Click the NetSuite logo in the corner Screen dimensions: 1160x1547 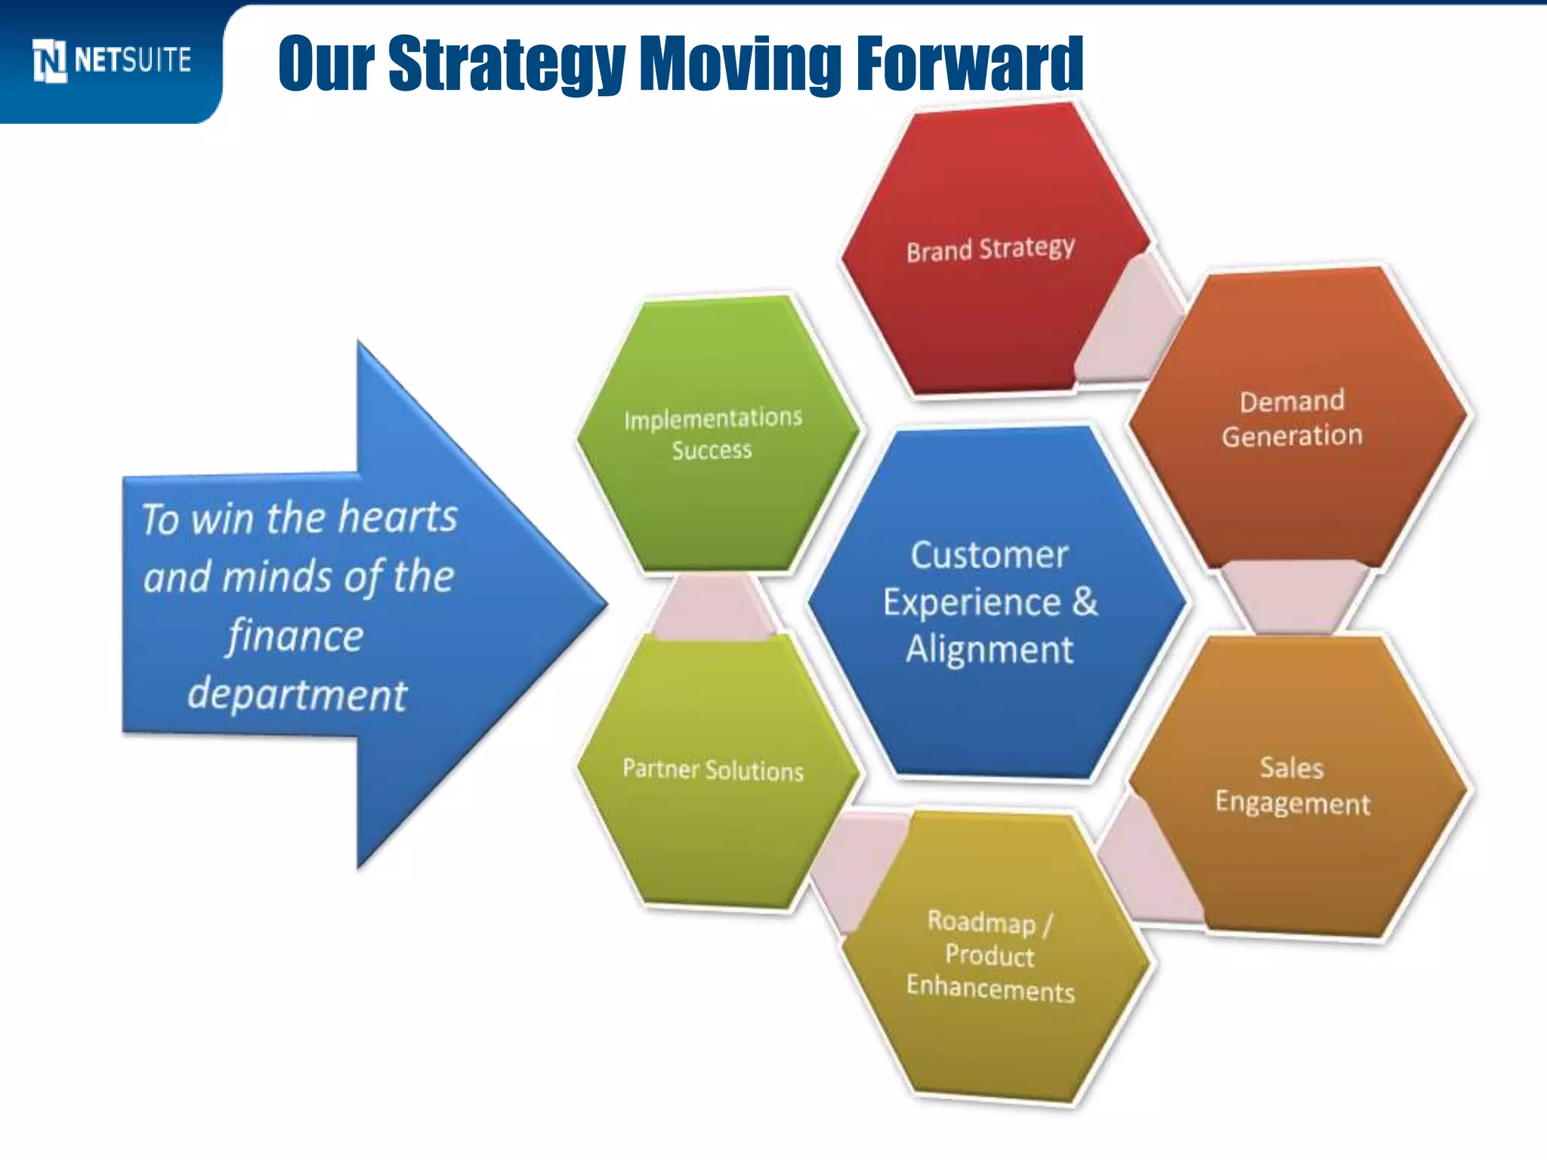(112, 60)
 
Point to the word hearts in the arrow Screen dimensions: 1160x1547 (397, 518)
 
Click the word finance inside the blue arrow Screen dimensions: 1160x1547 (295, 636)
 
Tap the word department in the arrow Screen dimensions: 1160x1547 (297, 695)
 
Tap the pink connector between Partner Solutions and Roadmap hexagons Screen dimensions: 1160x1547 (854, 868)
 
